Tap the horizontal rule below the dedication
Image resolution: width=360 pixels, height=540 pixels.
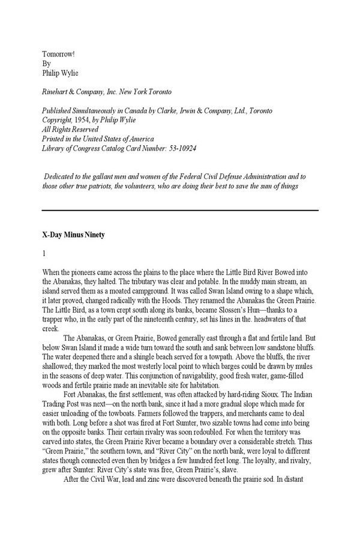tap(180, 210)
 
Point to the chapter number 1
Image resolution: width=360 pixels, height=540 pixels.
tap(44, 254)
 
